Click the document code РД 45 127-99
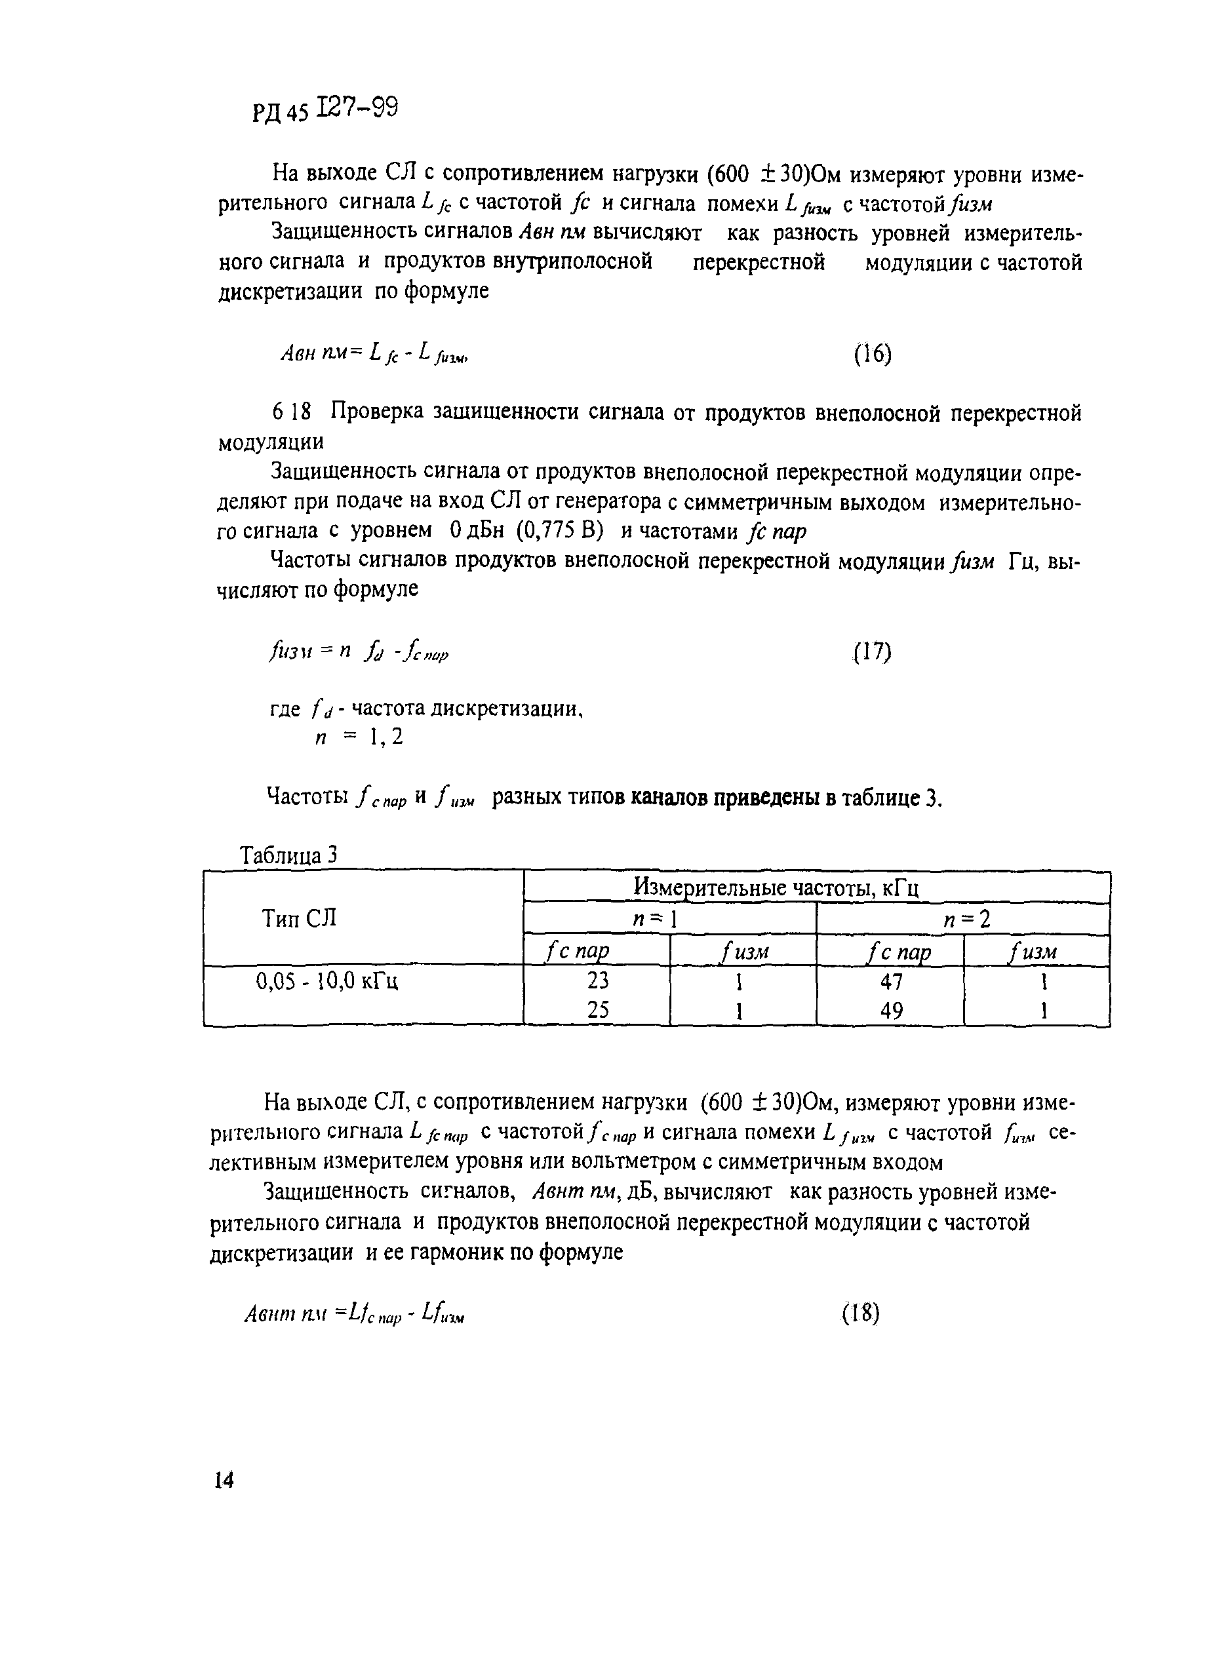pos(325,111)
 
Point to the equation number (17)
pos(871,652)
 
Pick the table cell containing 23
pos(597,981)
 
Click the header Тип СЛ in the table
pos(300,919)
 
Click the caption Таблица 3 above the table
pos(289,855)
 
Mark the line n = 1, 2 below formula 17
pos(359,738)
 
